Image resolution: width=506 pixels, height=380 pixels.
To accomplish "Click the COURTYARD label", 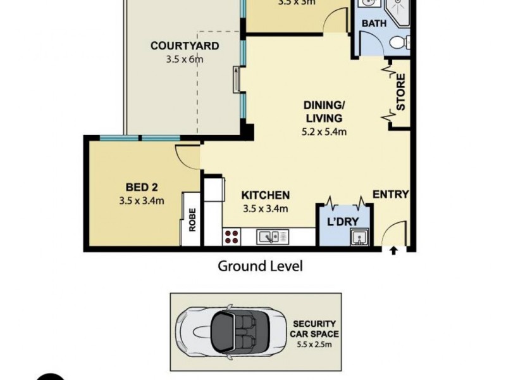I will pyautogui.click(x=185, y=46).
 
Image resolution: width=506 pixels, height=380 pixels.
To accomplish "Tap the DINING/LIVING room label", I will pyautogui.click(x=324, y=111).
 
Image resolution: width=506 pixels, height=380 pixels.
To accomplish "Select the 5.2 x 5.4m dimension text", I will pyautogui.click(x=324, y=132).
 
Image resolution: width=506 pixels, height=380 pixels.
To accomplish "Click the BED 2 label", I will pyautogui.click(x=142, y=187).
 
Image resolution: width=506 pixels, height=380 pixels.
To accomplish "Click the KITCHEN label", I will pyautogui.click(x=266, y=195).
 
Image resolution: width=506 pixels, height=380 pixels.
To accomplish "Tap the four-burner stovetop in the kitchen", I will pyautogui.click(x=231, y=237).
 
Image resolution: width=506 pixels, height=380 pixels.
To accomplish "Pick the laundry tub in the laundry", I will pyautogui.click(x=359, y=238).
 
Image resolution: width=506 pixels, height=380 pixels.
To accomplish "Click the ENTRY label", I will pyautogui.click(x=390, y=194).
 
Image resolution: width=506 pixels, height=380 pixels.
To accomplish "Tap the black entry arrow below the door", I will pyautogui.click(x=393, y=251).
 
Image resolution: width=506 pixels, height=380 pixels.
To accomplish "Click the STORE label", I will pyautogui.click(x=400, y=92).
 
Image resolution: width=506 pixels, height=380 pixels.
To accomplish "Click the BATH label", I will pyautogui.click(x=374, y=24).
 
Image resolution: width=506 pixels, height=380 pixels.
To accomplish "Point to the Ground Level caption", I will pyautogui.click(x=260, y=266).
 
